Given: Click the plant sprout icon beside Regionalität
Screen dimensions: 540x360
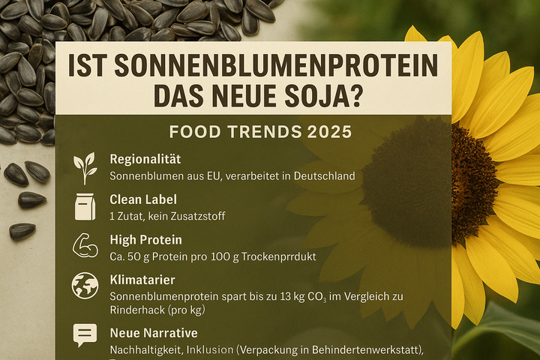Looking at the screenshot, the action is tap(85, 169).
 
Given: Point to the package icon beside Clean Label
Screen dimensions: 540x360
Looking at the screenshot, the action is tap(85, 207).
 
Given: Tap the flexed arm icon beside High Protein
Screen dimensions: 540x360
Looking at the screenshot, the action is tap(85, 245).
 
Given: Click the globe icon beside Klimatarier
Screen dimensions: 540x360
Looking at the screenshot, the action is tap(85, 286).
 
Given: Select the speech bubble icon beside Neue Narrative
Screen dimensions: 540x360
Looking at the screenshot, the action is tap(85, 334).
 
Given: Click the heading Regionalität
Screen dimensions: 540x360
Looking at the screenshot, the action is tap(145, 160).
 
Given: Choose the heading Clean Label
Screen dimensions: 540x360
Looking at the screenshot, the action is tap(143, 199).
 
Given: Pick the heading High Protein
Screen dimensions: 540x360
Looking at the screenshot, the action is tap(146, 240).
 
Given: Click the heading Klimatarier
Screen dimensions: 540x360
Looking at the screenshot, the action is tap(142, 280).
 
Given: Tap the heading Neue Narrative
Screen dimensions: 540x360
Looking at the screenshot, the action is tap(154, 333).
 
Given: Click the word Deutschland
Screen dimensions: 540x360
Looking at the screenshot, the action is tap(324, 176).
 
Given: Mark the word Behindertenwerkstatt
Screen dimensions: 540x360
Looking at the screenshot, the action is tap(366, 350).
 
